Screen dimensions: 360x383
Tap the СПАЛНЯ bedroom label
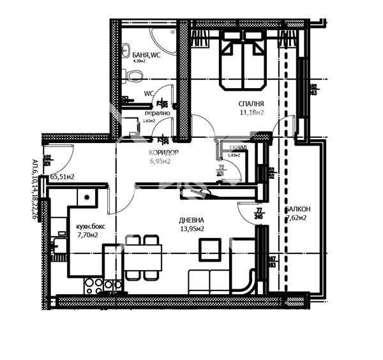[251, 103]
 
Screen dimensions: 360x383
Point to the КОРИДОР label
[163, 153]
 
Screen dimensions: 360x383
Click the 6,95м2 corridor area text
[161, 162]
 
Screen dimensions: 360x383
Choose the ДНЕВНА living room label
[191, 220]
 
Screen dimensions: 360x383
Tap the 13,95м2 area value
[191, 229]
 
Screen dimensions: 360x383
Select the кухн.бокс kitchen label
[90, 227]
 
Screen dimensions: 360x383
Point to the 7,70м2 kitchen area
[88, 235]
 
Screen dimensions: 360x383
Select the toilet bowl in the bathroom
[131, 77]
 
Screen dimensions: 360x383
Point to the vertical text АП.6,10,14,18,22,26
[35, 189]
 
